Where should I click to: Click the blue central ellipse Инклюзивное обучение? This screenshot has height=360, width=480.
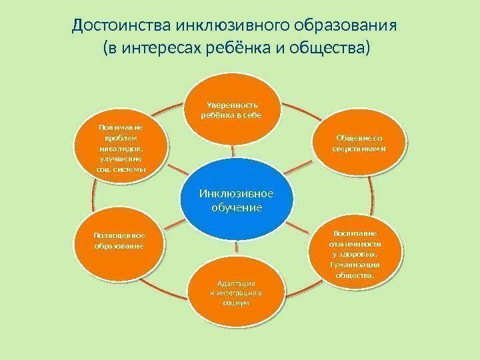[237, 201]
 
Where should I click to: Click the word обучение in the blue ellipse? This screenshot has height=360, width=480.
[237, 208]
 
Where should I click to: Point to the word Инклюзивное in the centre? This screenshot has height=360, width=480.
[237, 194]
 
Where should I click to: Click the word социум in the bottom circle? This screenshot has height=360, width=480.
[238, 302]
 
